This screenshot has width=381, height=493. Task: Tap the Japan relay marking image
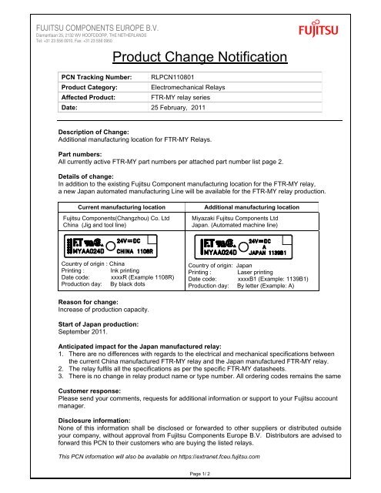(x=246, y=246)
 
